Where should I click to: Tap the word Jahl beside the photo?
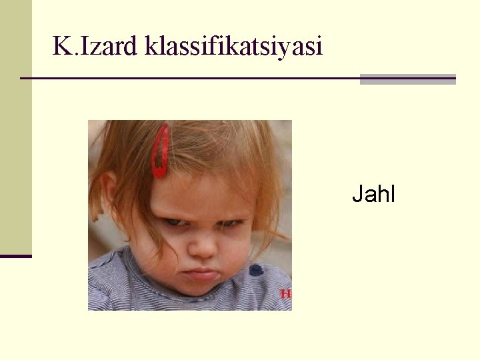[373, 194]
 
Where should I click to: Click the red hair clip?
[160, 151]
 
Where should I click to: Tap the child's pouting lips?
[203, 273]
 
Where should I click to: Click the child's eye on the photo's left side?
[175, 221]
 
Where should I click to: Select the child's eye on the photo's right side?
[230, 223]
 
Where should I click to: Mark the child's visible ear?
[109, 189]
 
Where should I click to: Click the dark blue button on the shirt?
[256, 270]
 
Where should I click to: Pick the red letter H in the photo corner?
[286, 293]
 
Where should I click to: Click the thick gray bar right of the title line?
[407, 79]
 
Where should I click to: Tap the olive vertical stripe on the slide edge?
[15, 127]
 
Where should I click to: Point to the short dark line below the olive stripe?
[15, 256]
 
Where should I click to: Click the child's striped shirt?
[133, 287]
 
